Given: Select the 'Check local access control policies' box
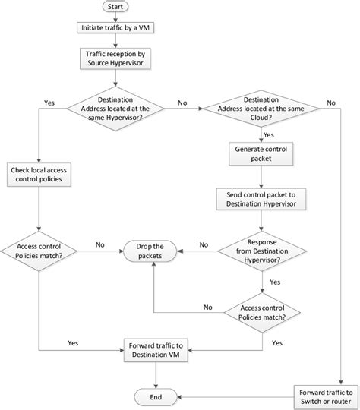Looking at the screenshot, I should (x=39, y=175).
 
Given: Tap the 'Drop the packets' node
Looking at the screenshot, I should (x=155, y=250).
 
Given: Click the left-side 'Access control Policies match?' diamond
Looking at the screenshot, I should (x=39, y=250).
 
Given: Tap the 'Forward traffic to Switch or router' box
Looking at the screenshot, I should (x=321, y=395).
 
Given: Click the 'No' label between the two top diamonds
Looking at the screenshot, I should (x=183, y=102).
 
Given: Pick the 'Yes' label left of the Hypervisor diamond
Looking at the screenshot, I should (x=49, y=102).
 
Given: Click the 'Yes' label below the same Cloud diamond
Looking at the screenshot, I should (x=268, y=134).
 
